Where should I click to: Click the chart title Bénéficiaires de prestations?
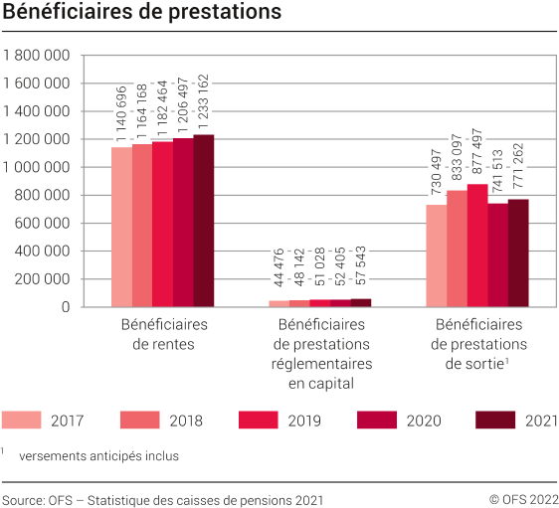141,13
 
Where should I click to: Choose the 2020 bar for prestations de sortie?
498,254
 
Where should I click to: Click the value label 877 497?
477,149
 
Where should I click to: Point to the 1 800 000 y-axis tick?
37,56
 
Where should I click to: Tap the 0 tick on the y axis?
65,307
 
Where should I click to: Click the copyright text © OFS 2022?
523,498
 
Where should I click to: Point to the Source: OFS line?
162,498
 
